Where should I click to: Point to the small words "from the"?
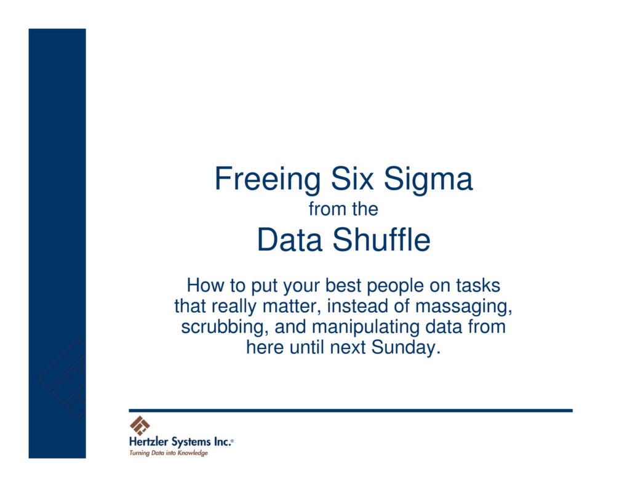point(343,209)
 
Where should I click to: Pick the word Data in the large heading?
point(289,240)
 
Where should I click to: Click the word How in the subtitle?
point(202,286)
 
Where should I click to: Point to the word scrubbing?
point(223,327)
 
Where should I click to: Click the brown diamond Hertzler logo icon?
point(140,425)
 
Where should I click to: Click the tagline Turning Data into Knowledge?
point(168,453)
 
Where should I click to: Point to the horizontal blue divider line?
point(351,410)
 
